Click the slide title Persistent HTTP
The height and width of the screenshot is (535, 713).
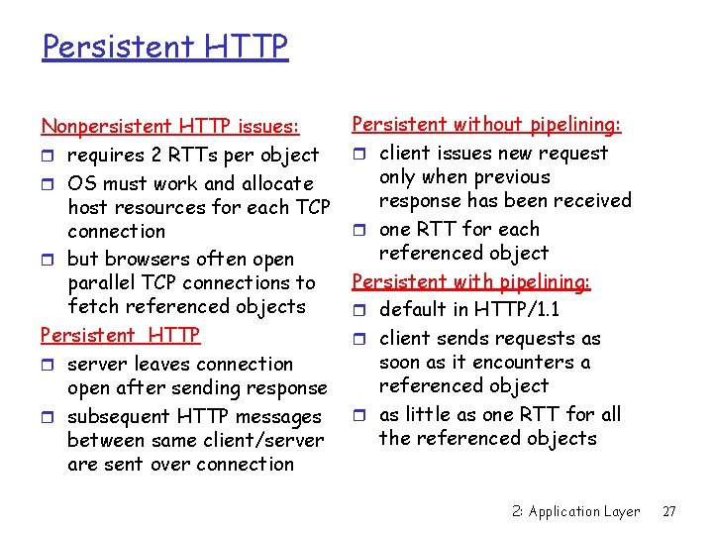click(164, 46)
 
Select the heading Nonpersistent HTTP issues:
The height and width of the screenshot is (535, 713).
click(169, 126)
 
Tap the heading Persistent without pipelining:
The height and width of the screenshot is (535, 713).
click(486, 124)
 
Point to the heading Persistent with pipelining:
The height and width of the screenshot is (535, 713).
click(471, 281)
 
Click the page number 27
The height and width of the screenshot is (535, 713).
click(669, 511)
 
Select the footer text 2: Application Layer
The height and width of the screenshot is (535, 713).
click(575, 511)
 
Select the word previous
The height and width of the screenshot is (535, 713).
click(506, 176)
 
